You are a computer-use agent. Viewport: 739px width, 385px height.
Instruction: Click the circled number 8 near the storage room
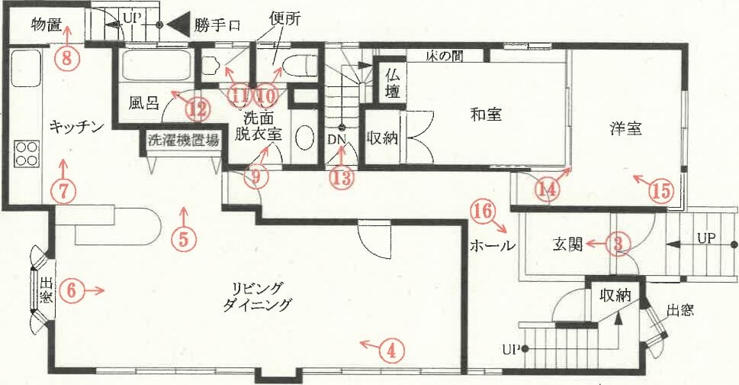[x=66, y=59]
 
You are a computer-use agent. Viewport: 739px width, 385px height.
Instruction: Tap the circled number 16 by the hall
[x=483, y=211]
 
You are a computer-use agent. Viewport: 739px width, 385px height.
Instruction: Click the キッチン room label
[x=76, y=127]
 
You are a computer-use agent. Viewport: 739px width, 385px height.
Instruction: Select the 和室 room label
[x=486, y=114]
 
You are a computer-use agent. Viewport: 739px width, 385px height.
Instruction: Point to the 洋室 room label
[x=625, y=128]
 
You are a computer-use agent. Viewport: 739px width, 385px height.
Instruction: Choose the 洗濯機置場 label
[x=183, y=140]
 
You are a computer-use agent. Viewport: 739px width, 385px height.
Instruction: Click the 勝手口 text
[x=217, y=25]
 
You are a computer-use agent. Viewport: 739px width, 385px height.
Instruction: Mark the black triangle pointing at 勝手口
[x=178, y=24]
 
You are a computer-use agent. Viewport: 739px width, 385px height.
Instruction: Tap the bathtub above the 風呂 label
[x=156, y=65]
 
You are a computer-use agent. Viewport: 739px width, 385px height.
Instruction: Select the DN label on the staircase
[x=337, y=139]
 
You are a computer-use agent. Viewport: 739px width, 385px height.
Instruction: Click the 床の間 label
[x=444, y=57]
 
